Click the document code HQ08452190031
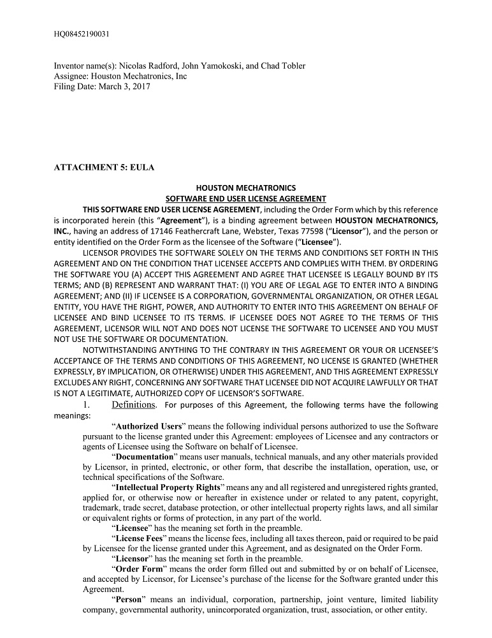(x=81, y=33)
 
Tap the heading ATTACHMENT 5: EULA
(x=104, y=167)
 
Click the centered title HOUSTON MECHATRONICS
(x=245, y=188)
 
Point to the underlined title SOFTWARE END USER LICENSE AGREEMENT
(x=245, y=199)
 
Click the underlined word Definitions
(x=133, y=405)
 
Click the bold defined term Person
(x=130, y=600)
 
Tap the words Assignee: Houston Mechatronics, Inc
(x=120, y=76)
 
